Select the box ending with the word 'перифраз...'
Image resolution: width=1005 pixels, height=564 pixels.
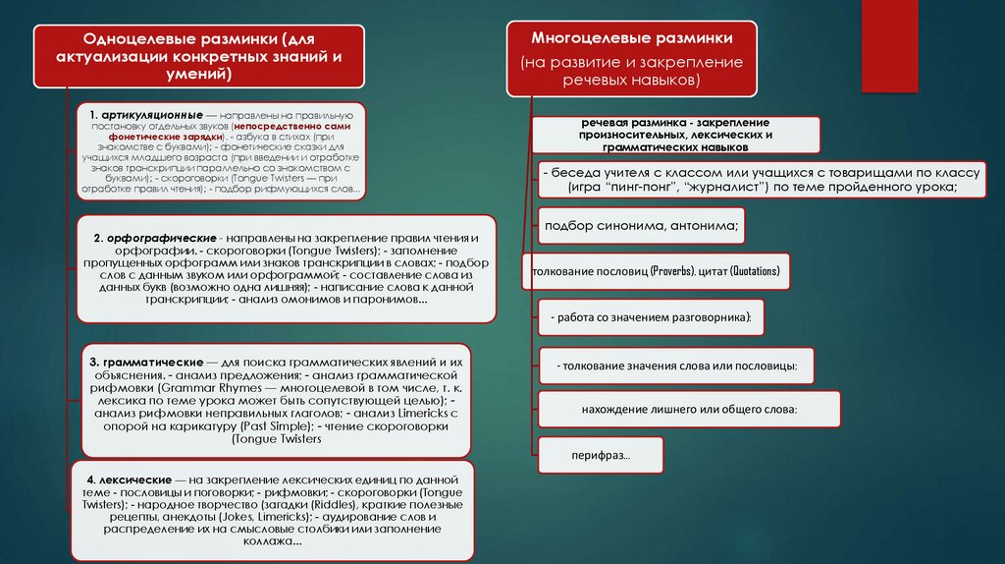[x=601, y=456]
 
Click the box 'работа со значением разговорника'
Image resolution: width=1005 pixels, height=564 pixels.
[x=651, y=317]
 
